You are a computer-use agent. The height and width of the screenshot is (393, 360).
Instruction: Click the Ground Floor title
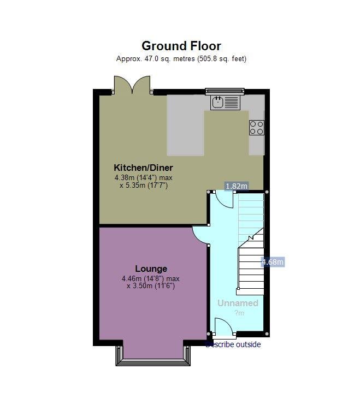coord(181,46)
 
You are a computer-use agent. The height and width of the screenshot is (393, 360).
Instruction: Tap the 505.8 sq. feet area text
coord(222,58)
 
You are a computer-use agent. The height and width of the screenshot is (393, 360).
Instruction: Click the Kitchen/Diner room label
coord(143,168)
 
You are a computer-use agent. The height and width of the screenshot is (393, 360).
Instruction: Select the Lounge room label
coord(151,269)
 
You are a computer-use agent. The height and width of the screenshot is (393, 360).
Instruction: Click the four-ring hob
coord(257,128)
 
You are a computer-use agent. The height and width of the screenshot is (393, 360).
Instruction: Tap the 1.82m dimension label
coord(237,186)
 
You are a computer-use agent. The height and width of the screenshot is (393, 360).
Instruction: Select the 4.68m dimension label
coord(273,262)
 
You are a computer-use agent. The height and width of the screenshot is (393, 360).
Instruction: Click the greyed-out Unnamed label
coord(238,303)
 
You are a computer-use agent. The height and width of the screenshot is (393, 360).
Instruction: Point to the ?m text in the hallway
coord(239,313)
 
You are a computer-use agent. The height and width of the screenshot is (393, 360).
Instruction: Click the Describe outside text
coord(233,344)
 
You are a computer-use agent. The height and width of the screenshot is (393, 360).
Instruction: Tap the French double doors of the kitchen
coord(132,85)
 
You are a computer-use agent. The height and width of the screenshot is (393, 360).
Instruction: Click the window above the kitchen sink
coord(225,91)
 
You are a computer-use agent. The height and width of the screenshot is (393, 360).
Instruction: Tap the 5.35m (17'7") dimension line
coord(144,186)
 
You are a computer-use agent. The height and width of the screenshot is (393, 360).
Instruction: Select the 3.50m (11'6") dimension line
coord(151,285)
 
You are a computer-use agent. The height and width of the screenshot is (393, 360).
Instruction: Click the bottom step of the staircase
coord(250,291)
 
